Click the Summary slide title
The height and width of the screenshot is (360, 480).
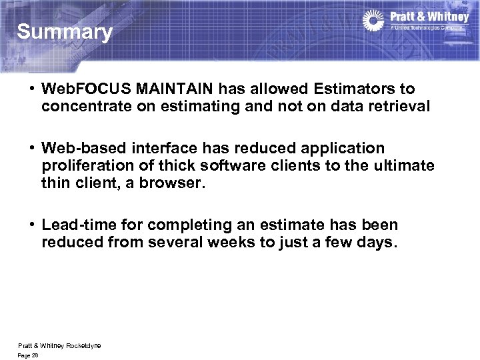65,32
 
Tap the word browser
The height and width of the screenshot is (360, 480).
172,182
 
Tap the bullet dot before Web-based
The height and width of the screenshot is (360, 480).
31,148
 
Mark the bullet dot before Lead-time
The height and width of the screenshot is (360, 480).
31,225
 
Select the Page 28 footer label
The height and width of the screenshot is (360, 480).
29,355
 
